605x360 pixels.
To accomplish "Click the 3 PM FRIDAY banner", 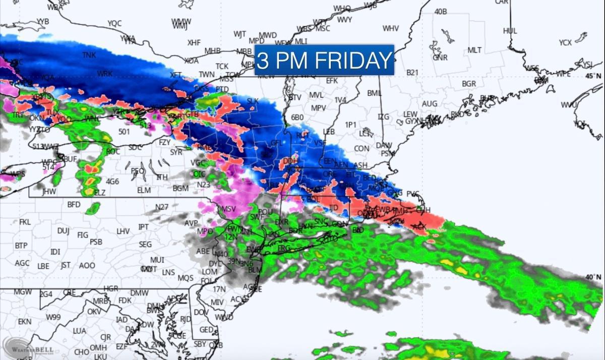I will (324, 60).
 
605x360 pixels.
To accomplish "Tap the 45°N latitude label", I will (593, 76).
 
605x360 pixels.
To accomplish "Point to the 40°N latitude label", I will (593, 277).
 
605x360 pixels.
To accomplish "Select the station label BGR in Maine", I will (469, 83).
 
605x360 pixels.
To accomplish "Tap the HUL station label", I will (510, 31).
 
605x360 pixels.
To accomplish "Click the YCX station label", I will (565, 43).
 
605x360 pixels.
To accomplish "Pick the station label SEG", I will (145, 244).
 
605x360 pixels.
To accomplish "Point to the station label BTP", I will (21, 245).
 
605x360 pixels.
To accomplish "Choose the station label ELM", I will (144, 190).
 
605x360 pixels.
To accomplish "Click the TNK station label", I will (89, 55).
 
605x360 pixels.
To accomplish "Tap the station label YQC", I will (114, 23).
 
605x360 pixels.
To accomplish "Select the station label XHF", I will (194, 43).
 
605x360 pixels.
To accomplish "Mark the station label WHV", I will (391, 28).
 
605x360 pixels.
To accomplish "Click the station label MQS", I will (185, 278).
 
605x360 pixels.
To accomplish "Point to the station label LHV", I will (123, 231).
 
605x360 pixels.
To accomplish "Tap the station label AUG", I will (430, 103).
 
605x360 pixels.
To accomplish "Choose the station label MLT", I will (474, 50).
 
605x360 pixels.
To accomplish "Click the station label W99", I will (53, 317).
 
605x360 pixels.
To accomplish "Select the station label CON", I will (361, 149).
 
